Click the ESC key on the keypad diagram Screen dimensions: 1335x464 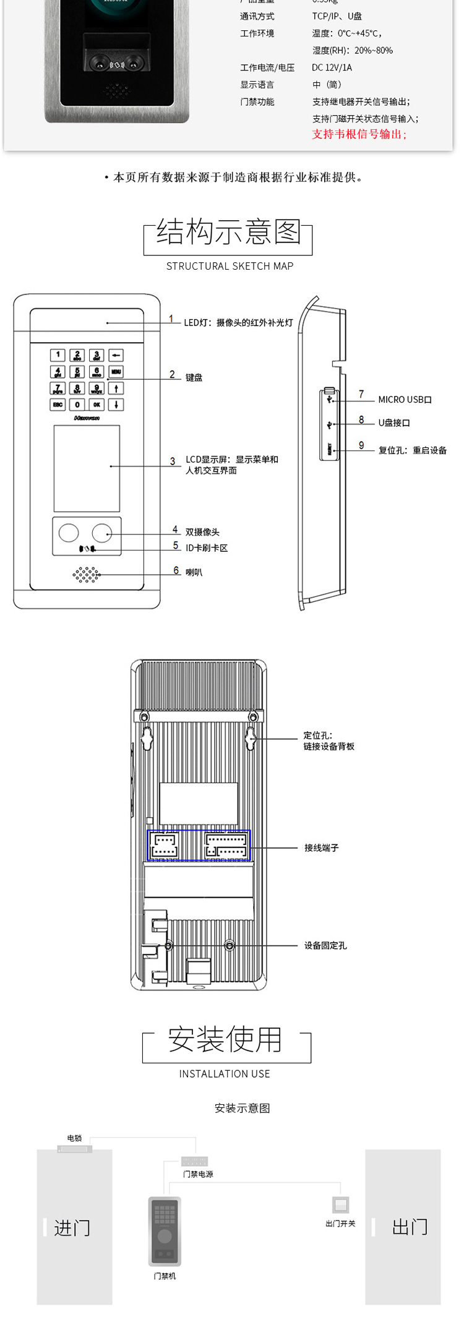pyautogui.click(x=58, y=405)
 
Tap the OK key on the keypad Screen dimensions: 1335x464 pyautogui.click(x=97, y=405)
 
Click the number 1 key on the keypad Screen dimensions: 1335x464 pyautogui.click(x=58, y=355)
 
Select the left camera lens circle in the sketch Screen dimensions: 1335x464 pyautogui.click(x=69, y=533)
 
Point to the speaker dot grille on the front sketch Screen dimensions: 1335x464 pyautogui.click(x=87, y=575)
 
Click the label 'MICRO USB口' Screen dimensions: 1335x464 pyautogui.click(x=405, y=400)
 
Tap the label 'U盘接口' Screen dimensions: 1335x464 pyautogui.click(x=394, y=423)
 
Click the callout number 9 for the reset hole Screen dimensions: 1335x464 pyautogui.click(x=361, y=445)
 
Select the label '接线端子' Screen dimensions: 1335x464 pyautogui.click(x=321, y=848)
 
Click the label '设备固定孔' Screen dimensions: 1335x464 pyautogui.click(x=325, y=945)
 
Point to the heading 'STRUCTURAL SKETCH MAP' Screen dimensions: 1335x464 pyautogui.click(x=230, y=266)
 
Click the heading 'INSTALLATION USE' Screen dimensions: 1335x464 pyautogui.click(x=225, y=1074)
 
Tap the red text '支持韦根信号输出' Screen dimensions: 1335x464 pyautogui.click(x=359, y=134)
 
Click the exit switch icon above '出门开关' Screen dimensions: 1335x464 pyautogui.click(x=340, y=1205)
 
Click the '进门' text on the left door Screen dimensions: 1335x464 pyautogui.click(x=72, y=1228)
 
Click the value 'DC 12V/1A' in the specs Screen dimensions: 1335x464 pyautogui.click(x=332, y=67)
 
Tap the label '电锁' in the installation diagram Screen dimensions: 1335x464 pyautogui.click(x=74, y=1138)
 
